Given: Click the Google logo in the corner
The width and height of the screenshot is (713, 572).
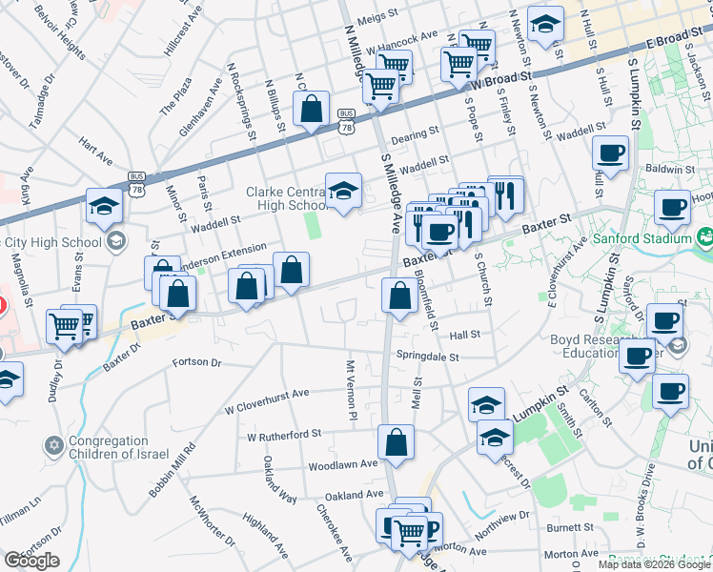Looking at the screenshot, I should (x=31, y=560).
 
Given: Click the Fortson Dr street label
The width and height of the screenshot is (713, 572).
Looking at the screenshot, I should (x=196, y=362).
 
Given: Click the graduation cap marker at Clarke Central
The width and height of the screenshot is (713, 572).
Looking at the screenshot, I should (x=343, y=191).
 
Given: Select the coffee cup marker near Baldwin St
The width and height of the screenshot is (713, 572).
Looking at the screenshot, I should (x=610, y=152).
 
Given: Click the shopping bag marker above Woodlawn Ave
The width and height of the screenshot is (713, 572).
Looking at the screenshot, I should (x=396, y=442).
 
